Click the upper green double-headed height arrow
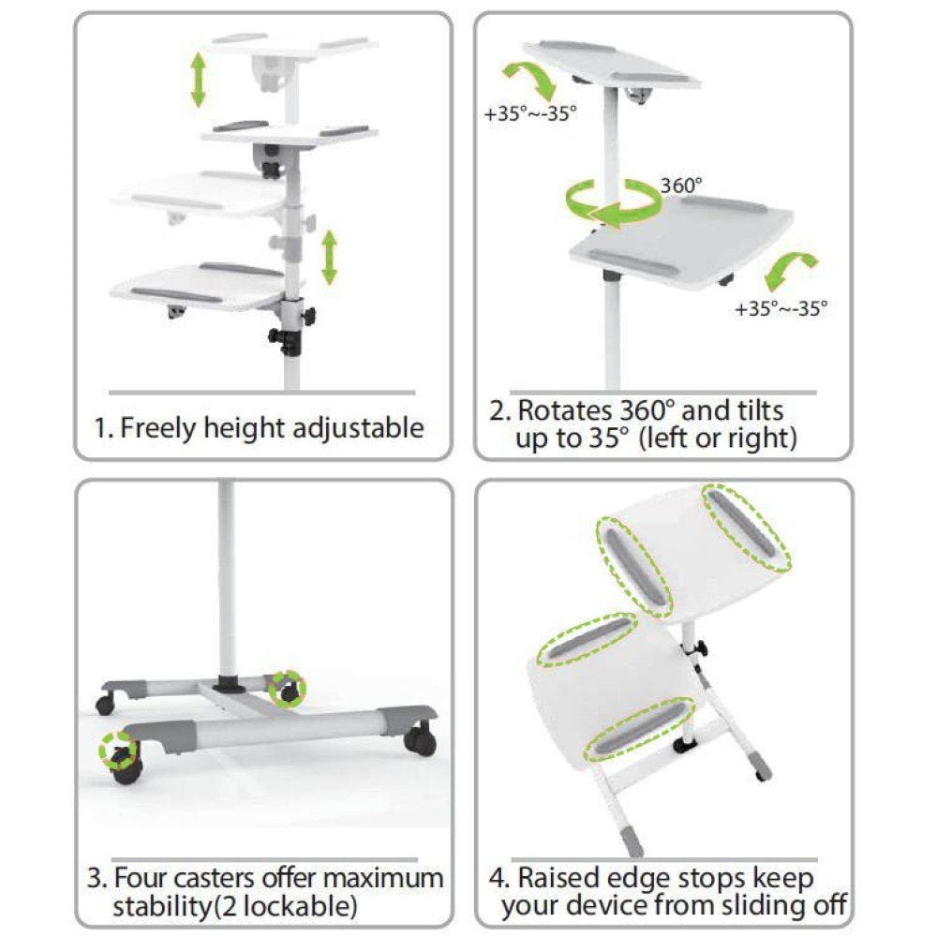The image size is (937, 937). (x=199, y=80)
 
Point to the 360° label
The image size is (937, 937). (x=681, y=185)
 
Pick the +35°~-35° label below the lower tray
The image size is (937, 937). (x=781, y=306)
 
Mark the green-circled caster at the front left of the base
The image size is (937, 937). (x=118, y=751)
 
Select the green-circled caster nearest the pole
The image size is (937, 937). (x=287, y=689)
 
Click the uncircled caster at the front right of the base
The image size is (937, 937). (x=420, y=739)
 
